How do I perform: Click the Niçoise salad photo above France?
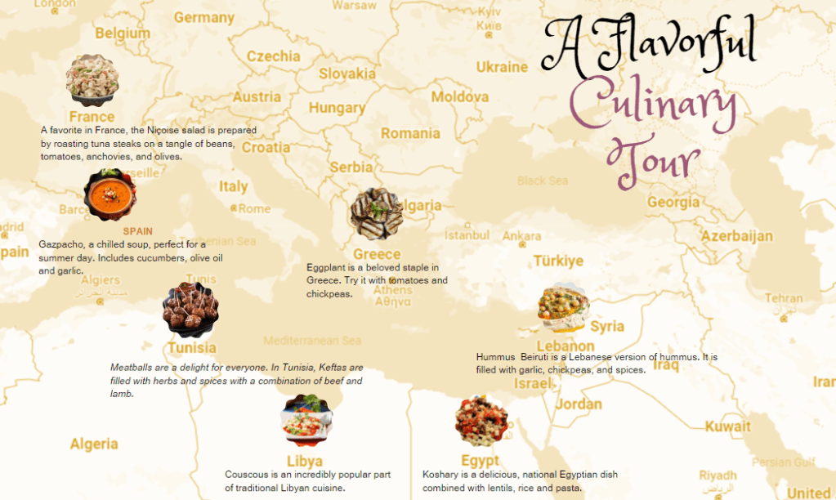click(x=92, y=80)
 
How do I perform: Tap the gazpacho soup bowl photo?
click(x=110, y=194)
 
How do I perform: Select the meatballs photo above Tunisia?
click(x=190, y=310)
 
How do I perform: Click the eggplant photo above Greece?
click(x=376, y=214)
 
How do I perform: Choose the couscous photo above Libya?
click(x=306, y=421)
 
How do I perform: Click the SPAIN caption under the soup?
click(x=138, y=231)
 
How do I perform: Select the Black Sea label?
click(x=542, y=181)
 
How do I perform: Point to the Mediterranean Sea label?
click(x=312, y=340)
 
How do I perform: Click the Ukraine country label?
click(x=502, y=67)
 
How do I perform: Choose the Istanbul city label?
click(x=467, y=235)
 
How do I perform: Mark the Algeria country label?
click(x=94, y=444)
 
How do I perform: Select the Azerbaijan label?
click(x=736, y=236)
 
